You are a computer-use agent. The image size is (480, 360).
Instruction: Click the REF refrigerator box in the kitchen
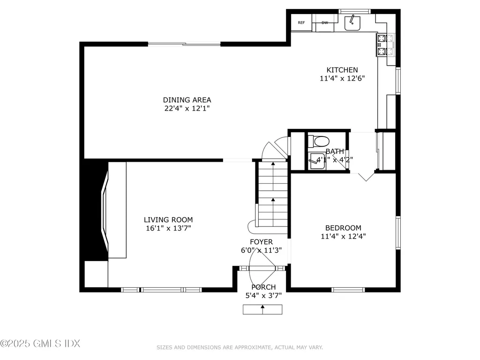[x=301, y=23]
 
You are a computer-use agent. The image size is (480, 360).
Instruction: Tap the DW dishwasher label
[x=325, y=23]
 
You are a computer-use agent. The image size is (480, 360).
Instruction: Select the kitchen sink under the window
[x=352, y=23]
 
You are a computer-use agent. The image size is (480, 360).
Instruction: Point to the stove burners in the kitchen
[x=382, y=45]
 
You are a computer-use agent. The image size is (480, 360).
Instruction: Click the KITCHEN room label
[x=342, y=70]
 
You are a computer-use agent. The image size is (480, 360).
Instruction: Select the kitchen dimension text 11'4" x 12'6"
[x=342, y=79]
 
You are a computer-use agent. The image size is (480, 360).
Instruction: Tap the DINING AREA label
[x=187, y=100]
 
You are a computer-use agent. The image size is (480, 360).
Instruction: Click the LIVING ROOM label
[x=168, y=219]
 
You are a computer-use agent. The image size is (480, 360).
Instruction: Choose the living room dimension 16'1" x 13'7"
[x=168, y=228]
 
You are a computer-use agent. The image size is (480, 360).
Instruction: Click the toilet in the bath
[x=322, y=140]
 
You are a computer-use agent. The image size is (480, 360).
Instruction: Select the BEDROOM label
[x=344, y=228]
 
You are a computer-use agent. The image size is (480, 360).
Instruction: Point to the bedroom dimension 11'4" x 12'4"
[x=344, y=237]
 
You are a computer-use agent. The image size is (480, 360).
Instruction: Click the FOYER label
[x=261, y=242]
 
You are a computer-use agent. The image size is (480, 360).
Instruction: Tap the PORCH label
[x=263, y=287]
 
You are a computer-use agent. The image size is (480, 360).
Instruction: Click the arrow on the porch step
[x=262, y=309]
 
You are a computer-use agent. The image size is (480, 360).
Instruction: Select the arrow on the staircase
[x=272, y=202]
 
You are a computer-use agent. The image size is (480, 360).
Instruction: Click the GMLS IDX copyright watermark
[x=40, y=344]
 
